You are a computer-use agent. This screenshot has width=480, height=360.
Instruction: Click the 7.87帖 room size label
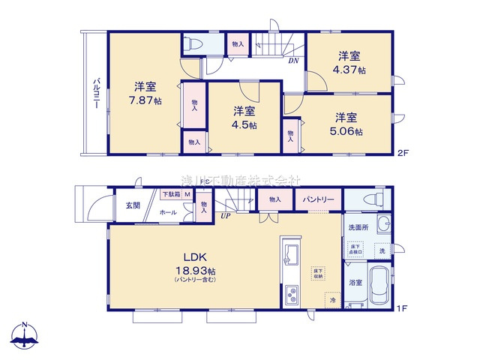coord(145,93)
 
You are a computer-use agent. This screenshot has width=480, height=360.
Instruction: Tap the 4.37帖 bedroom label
coord(350,62)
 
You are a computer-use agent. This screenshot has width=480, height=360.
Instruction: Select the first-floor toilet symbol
coord(370,199)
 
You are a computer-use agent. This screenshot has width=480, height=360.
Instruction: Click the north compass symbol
coord(25,335)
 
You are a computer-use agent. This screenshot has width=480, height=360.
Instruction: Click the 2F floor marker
coord(403,154)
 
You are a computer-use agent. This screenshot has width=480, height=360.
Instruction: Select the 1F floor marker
coord(403,307)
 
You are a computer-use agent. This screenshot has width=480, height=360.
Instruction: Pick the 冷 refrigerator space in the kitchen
coord(331,299)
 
